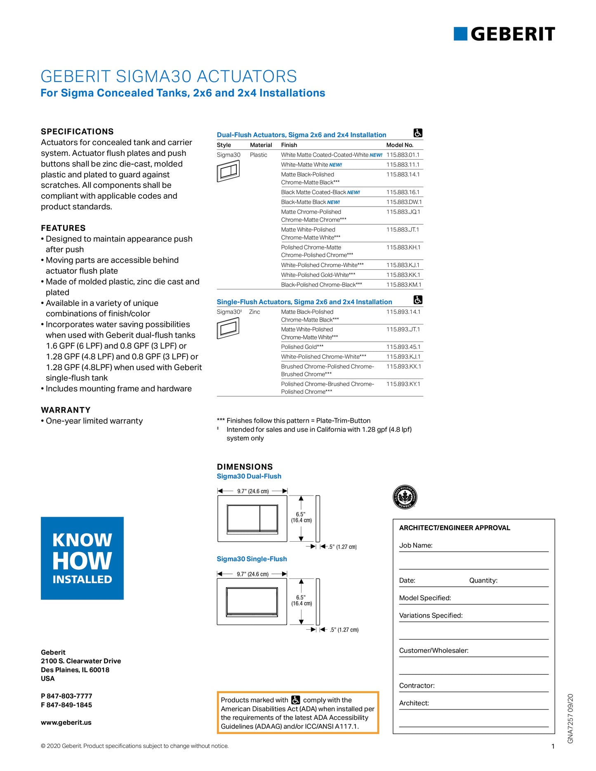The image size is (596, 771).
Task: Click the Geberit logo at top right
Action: (x=504, y=34)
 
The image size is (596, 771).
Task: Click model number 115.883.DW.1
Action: (x=404, y=202)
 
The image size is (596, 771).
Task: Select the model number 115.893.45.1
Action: (x=403, y=347)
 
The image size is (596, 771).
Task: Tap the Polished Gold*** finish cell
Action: (x=302, y=347)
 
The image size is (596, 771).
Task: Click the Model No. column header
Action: (x=399, y=145)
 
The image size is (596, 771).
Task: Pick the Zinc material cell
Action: (x=254, y=312)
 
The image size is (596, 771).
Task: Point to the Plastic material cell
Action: (x=259, y=155)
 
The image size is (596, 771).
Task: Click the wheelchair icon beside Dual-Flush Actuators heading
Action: (x=418, y=133)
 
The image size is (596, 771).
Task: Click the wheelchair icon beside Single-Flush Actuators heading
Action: (x=418, y=300)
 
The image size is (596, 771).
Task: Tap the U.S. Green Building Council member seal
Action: (x=405, y=497)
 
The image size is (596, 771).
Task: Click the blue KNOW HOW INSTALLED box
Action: (x=82, y=558)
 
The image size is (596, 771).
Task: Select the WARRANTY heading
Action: (x=66, y=410)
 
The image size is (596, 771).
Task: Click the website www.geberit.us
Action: (x=66, y=722)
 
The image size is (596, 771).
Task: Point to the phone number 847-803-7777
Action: (x=69, y=696)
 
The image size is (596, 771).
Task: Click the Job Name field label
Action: (x=416, y=545)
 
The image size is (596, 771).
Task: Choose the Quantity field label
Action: (x=483, y=581)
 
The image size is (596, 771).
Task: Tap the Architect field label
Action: (x=414, y=703)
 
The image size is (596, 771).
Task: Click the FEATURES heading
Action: (x=63, y=228)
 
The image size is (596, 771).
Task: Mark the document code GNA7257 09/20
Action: (x=570, y=718)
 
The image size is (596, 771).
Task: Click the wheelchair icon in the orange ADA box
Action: (x=296, y=700)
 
